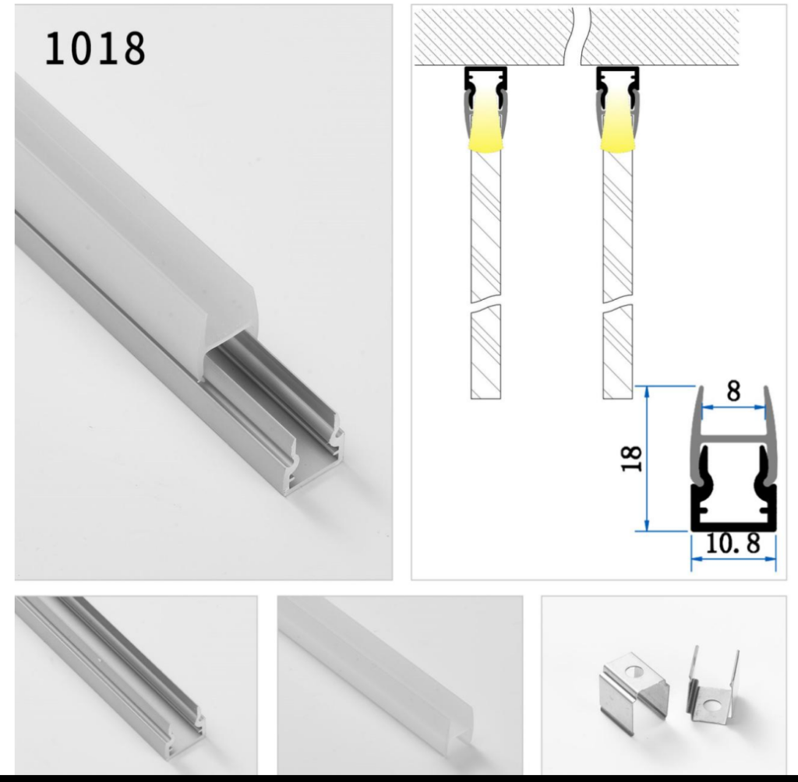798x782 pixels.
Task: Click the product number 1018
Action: point(95,48)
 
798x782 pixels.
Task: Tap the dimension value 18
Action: point(632,459)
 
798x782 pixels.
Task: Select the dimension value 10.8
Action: point(733,544)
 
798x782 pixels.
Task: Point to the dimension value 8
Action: point(733,391)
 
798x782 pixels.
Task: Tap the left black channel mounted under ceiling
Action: point(486,76)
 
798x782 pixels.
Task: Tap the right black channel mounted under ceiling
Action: point(617,76)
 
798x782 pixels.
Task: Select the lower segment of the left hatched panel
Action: point(485,352)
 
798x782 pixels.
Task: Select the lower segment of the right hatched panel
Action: point(617,352)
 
